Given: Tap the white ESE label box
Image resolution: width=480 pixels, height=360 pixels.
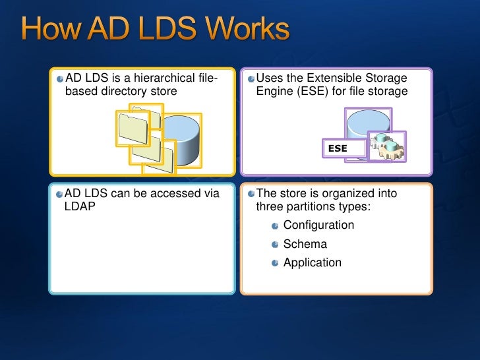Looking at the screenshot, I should pos(344,149).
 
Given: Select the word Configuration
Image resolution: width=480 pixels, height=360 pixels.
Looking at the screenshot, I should pos(318,225).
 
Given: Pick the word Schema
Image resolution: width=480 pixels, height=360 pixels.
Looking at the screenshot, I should pos(305,244).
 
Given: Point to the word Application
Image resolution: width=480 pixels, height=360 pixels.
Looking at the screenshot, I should pos(312,262).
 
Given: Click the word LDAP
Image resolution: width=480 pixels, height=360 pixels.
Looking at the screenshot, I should pos(80,206).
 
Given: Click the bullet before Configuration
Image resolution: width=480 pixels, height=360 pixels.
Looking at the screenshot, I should pos(275,226).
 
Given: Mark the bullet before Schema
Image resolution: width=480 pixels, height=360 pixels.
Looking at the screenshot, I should pos(275,245).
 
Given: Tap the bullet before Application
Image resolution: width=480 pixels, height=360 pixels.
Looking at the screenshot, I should pos(275,264).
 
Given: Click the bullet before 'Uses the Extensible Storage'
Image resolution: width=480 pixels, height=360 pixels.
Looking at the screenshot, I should pos(251,80).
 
